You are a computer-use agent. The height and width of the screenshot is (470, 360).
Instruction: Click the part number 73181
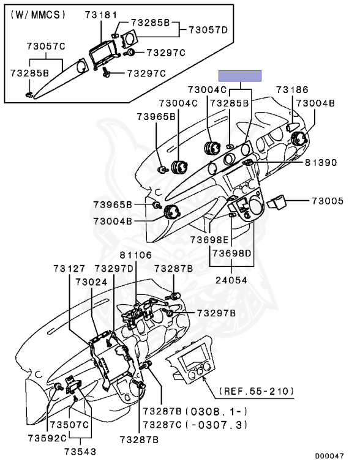101,15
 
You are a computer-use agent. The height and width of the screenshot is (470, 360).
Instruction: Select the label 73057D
208,30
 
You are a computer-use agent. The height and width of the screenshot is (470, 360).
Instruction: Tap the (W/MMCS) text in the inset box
38,15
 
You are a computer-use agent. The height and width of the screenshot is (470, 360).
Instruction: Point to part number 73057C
45,47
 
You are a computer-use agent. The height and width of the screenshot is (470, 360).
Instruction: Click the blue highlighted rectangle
240,76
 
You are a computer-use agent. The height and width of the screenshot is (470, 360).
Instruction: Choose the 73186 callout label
292,89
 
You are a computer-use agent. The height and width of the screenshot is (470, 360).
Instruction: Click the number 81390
321,162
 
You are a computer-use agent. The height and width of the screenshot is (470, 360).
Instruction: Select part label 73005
328,201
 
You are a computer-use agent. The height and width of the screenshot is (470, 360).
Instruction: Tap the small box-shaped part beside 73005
277,203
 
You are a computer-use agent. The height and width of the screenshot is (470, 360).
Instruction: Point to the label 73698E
209,240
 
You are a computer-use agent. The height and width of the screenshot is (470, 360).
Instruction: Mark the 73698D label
231,253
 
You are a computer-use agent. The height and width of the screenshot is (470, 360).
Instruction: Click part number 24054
231,280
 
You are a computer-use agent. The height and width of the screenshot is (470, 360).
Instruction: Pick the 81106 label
135,255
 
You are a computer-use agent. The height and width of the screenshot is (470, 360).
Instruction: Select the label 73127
69,268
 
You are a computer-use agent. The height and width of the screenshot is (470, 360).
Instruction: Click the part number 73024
91,282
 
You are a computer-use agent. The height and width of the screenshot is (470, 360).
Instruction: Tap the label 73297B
216,313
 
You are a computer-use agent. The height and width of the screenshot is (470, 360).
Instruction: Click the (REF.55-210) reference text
257,391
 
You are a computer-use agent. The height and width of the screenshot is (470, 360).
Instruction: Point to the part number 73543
80,452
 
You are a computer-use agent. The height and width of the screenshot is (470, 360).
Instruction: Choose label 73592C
47,438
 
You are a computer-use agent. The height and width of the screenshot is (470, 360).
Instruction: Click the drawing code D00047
329,456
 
